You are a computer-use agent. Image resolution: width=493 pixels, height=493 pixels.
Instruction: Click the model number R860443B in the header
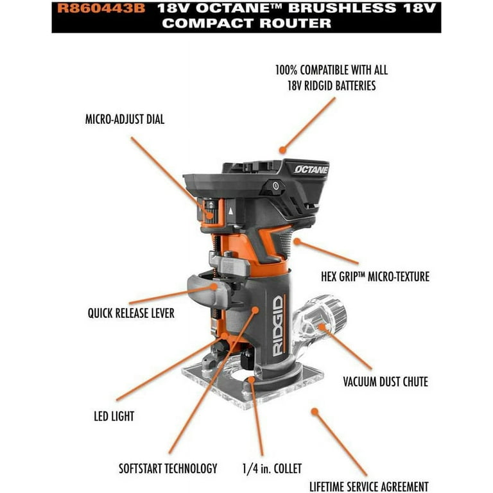point(101,8)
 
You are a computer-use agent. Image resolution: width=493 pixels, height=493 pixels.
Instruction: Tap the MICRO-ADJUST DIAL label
point(125,120)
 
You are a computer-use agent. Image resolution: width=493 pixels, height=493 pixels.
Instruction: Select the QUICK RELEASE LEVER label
point(131,315)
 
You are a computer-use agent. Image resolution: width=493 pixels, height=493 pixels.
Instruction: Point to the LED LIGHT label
point(114,416)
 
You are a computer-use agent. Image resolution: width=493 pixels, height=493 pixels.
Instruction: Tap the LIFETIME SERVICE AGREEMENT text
point(368,487)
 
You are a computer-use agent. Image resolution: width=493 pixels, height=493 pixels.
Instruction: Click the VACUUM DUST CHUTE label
point(385,382)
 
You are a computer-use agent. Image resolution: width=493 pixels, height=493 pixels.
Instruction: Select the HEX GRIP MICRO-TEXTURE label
point(375,277)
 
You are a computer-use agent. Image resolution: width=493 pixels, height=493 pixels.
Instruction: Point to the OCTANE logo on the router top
point(311,169)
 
